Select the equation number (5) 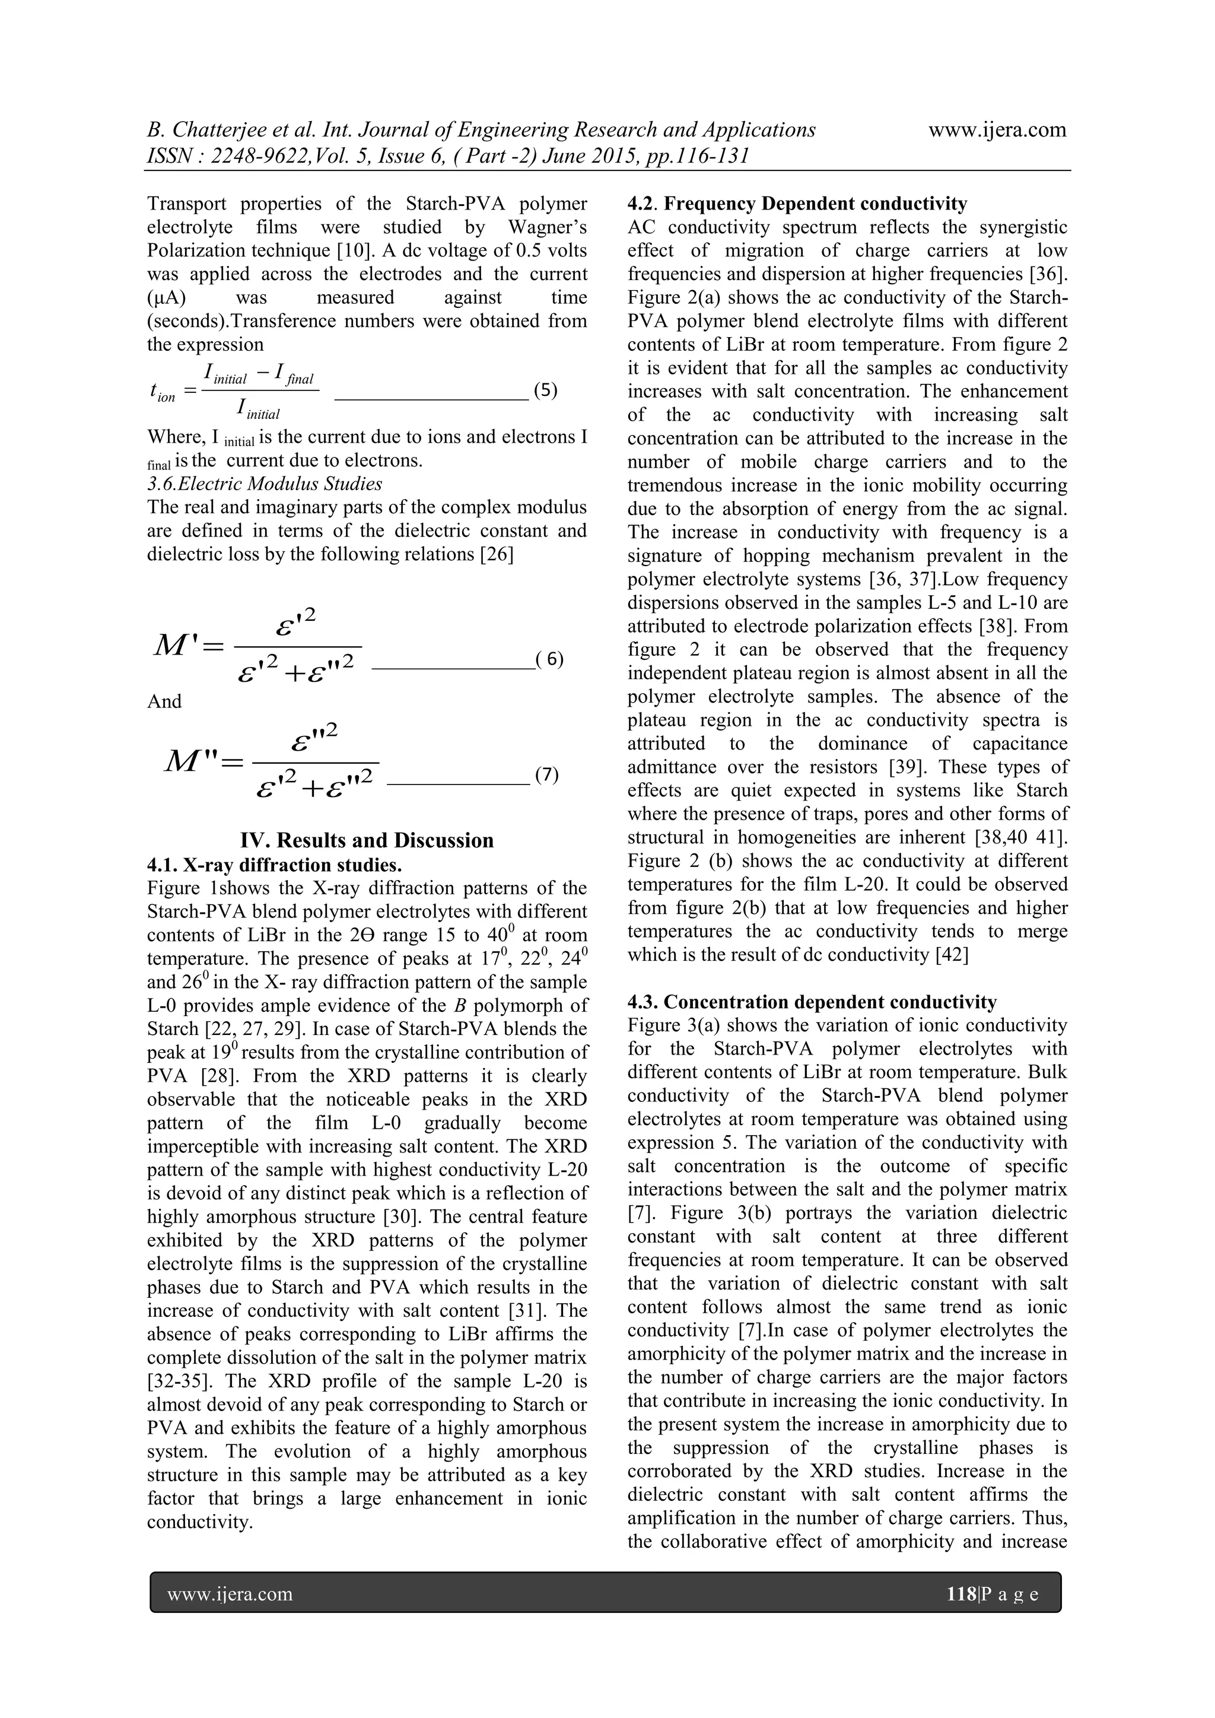(545, 390)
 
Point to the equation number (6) (550, 659)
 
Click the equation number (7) (547, 774)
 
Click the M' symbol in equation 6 (180, 645)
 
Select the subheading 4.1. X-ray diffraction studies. (274, 865)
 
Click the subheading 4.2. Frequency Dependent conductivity (797, 204)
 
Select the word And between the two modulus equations (164, 701)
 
